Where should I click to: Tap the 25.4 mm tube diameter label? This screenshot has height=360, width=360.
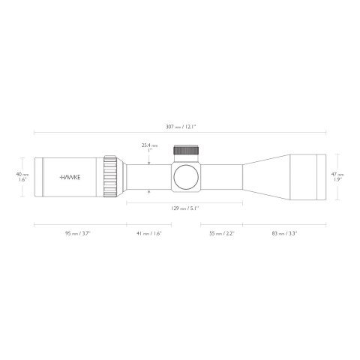(150, 148)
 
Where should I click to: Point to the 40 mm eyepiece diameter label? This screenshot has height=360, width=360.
(22, 177)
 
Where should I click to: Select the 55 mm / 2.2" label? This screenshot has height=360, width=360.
(221, 234)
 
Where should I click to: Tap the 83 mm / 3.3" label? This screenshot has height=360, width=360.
(284, 234)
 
